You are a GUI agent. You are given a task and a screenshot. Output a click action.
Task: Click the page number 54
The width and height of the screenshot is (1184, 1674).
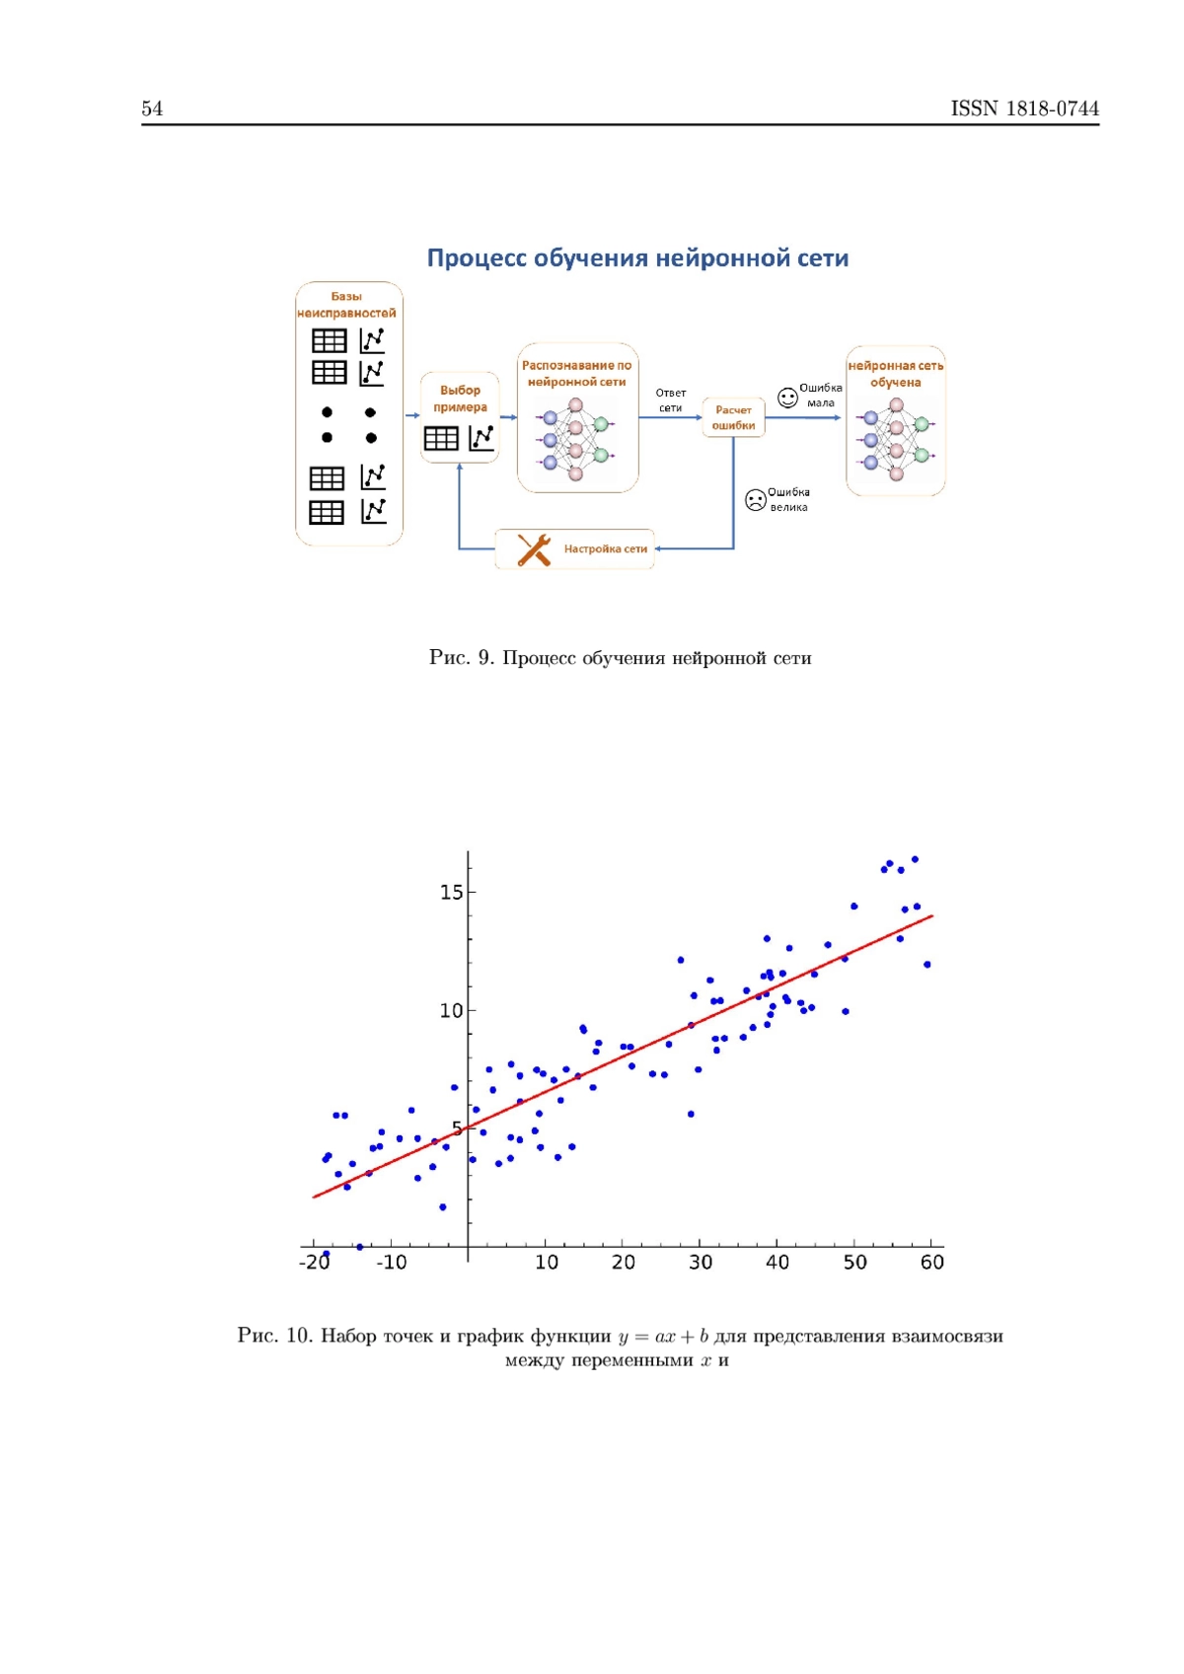point(152,109)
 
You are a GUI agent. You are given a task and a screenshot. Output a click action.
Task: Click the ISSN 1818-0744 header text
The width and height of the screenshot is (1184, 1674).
point(1024,109)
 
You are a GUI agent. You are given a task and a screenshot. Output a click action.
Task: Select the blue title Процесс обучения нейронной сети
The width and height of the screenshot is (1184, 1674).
point(637,257)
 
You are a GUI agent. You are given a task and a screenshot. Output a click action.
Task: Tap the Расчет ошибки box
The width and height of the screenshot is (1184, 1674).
point(732,417)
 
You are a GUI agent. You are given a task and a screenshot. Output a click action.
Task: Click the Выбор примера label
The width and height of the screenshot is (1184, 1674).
point(460,399)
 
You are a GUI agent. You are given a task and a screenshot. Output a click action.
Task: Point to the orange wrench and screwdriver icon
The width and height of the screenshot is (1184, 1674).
point(534,549)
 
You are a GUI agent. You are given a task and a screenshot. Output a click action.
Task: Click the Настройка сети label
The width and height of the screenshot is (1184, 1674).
point(606,548)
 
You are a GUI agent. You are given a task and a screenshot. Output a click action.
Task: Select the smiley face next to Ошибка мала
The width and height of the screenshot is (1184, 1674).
point(787,398)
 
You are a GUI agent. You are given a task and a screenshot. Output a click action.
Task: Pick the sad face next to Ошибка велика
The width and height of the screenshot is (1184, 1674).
point(756,499)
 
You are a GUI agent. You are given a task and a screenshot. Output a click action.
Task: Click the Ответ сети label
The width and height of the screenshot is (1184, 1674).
point(671,400)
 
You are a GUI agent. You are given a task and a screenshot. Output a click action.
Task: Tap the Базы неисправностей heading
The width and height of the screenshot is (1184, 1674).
point(346,304)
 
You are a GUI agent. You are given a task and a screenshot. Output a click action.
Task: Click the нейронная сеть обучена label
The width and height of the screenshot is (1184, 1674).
point(896,374)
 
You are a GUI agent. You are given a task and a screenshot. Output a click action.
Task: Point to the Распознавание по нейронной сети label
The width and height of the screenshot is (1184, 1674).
point(576,373)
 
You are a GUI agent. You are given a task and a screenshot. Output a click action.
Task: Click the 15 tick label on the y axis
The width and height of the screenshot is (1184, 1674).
point(452,893)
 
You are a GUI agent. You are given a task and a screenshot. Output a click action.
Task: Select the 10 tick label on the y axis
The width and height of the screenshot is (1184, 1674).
point(452,1010)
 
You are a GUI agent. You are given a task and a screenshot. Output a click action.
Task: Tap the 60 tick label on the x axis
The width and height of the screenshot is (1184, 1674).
point(931,1263)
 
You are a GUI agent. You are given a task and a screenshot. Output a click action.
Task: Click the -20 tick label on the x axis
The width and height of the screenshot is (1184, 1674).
point(314,1263)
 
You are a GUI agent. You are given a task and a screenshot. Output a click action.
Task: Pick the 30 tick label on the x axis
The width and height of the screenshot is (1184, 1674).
point(701,1263)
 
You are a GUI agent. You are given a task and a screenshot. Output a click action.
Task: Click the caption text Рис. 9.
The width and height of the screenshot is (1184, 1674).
point(461,658)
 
